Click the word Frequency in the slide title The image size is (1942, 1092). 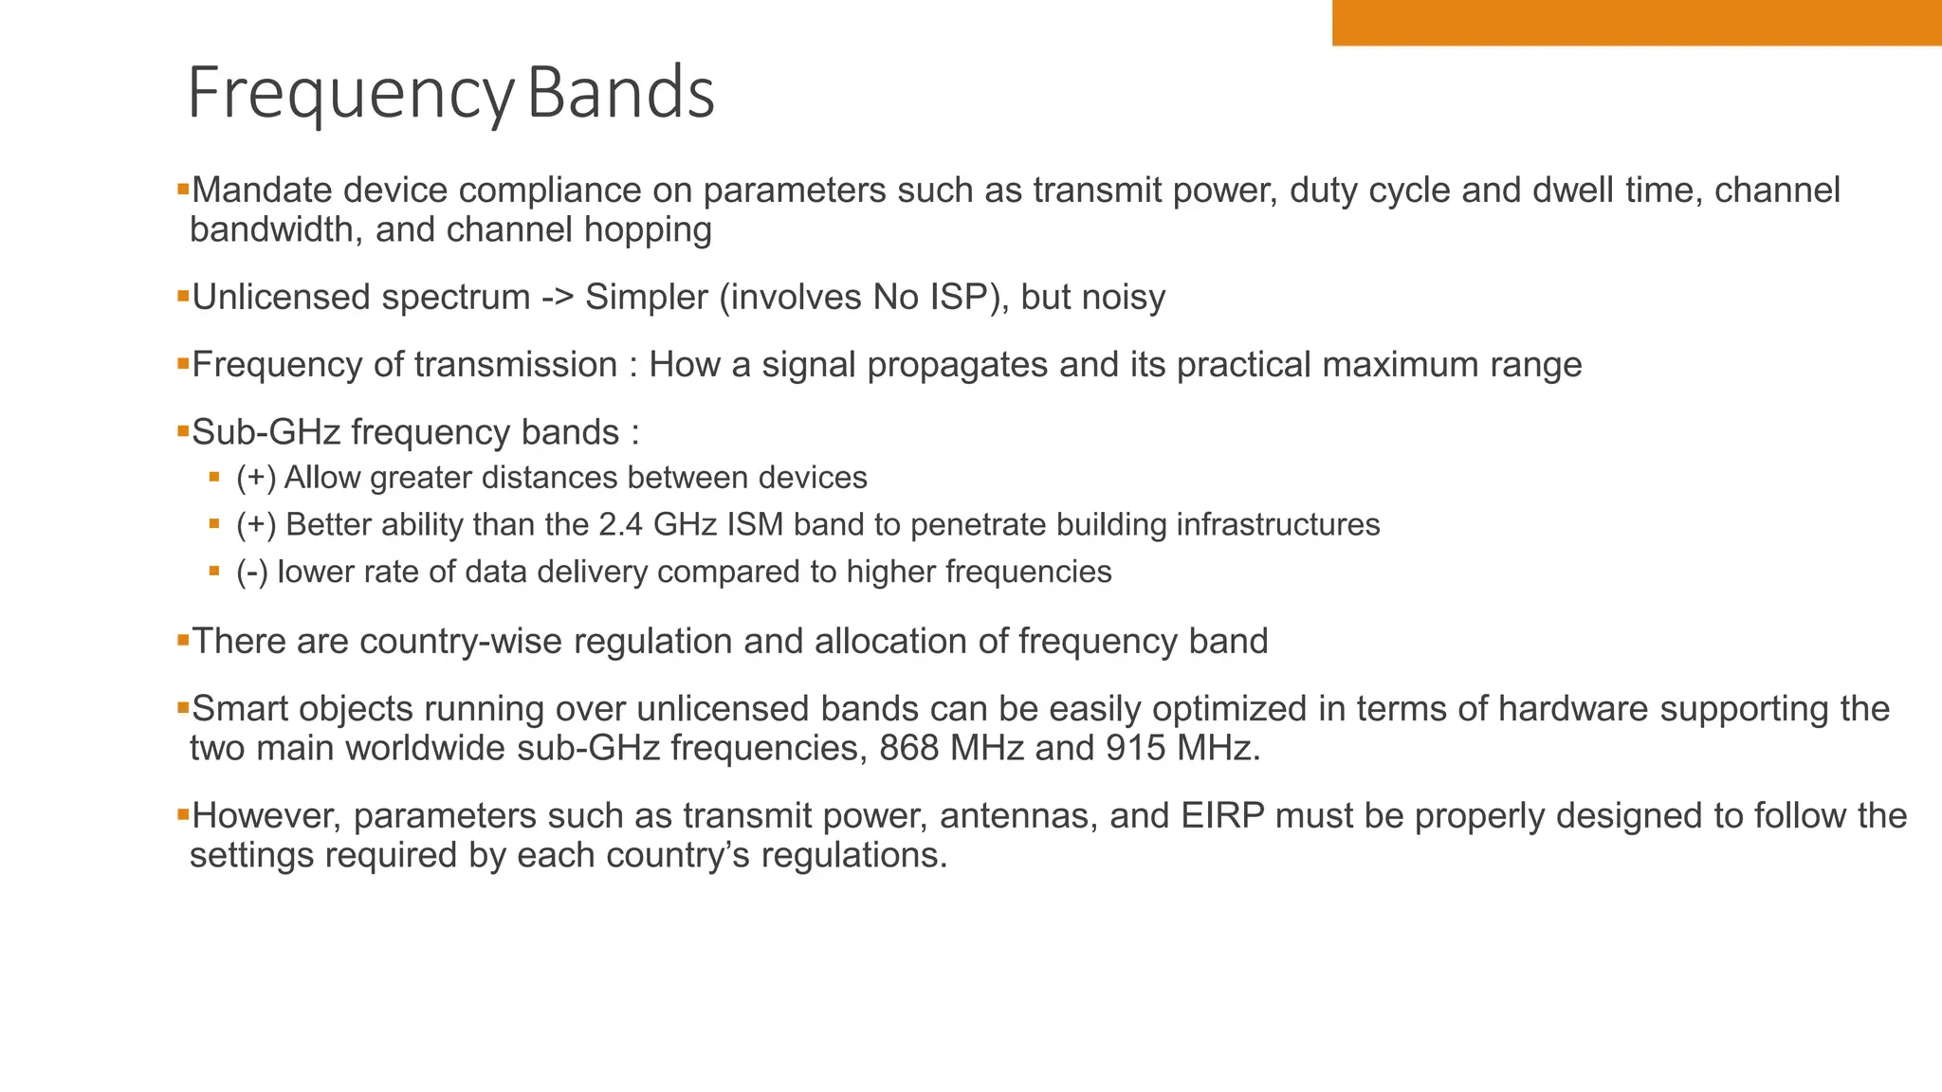(350, 94)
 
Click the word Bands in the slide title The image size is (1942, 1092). (620, 94)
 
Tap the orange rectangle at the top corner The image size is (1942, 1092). (1637, 23)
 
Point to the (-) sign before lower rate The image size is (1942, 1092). (252, 573)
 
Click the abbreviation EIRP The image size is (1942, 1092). (1222, 816)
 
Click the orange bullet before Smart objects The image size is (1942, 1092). (183, 706)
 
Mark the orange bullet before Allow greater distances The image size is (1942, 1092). (214, 477)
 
